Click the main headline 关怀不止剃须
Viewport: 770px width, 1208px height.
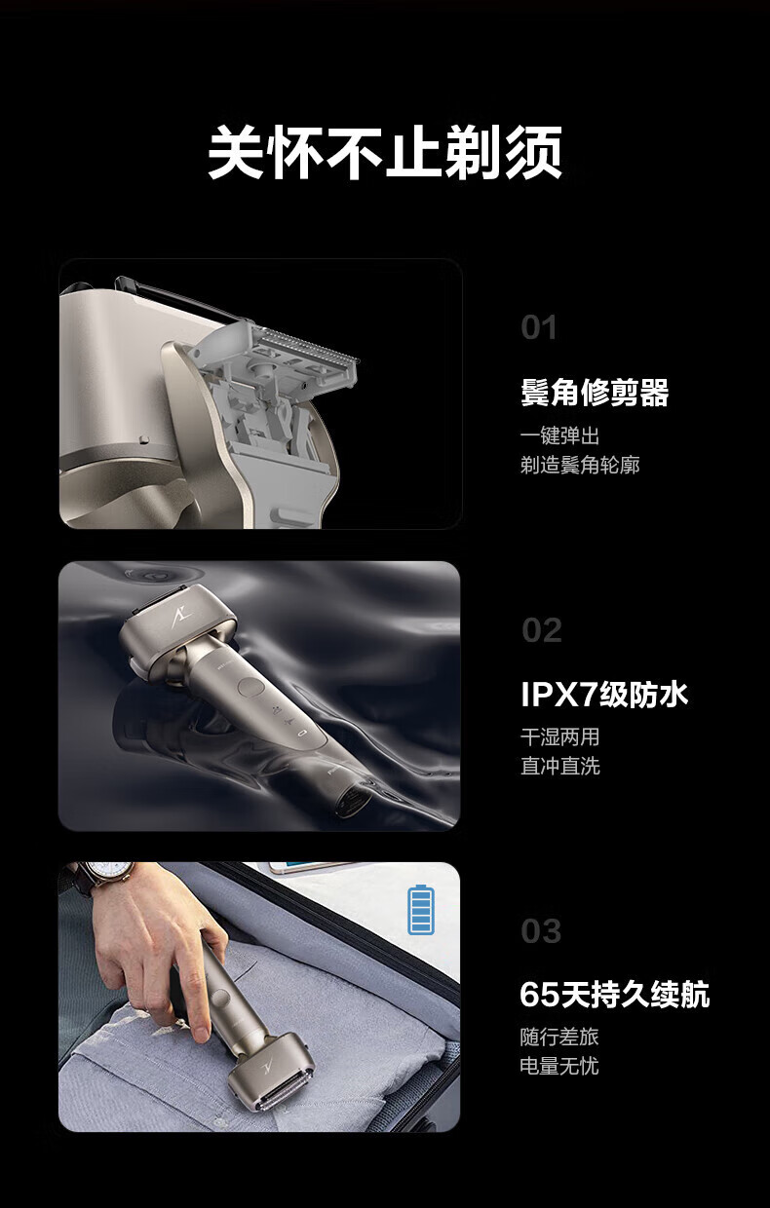[x=385, y=153]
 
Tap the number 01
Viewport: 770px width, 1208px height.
[x=539, y=327]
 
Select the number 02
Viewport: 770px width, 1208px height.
[x=541, y=630]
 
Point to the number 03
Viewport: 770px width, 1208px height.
[x=541, y=931]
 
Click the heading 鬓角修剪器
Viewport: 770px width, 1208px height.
[x=595, y=392]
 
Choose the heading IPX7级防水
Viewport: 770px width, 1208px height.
[x=604, y=694]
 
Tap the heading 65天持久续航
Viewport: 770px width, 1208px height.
[x=615, y=994]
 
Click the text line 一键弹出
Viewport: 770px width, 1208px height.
[x=560, y=436]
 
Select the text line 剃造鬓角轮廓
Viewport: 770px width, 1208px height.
[x=580, y=465]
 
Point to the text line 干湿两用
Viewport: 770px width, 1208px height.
[x=560, y=737]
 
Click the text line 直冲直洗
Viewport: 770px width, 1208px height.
[x=560, y=767]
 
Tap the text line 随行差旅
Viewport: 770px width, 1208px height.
[x=559, y=1038]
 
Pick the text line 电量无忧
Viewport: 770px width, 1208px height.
[x=559, y=1066]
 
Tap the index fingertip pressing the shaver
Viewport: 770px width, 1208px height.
[x=201, y=1031]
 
